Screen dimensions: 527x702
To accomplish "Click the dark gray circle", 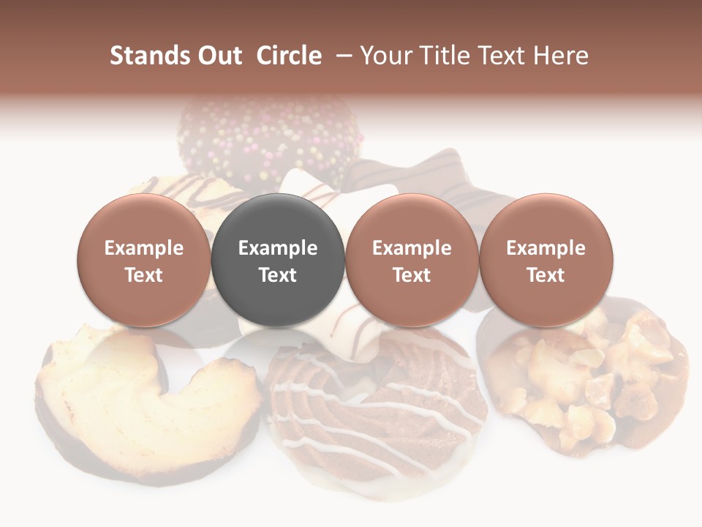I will pos(278,260).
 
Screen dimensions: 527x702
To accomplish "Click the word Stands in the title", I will pos(148,56).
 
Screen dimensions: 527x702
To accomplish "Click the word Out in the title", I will pos(218,56).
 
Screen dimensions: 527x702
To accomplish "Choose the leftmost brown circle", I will pos(144,260).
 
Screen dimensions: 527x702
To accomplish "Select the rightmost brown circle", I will pos(546,260).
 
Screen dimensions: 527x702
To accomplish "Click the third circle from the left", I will pos(412,260).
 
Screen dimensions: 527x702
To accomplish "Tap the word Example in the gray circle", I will pos(278,248).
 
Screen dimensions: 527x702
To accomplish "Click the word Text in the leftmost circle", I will pos(144,275).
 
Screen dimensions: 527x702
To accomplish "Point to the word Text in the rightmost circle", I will pos(546,275).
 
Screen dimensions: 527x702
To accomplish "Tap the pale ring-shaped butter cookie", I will pos(146,395).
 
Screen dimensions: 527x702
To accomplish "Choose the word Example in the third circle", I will pos(412,248).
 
